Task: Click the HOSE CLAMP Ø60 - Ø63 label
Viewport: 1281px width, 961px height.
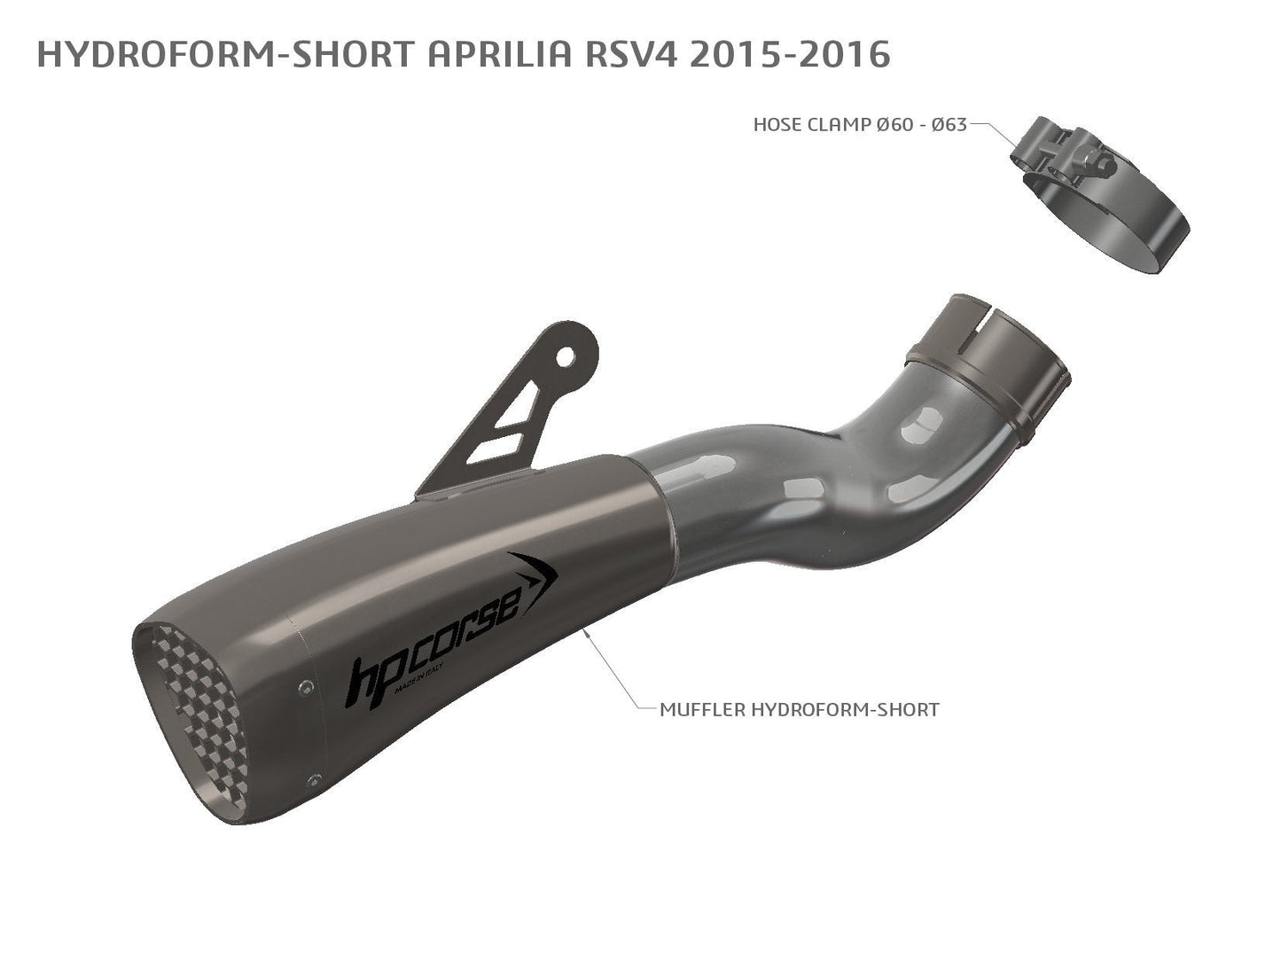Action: point(859,125)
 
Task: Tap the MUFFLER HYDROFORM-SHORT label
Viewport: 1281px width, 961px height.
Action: point(799,709)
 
